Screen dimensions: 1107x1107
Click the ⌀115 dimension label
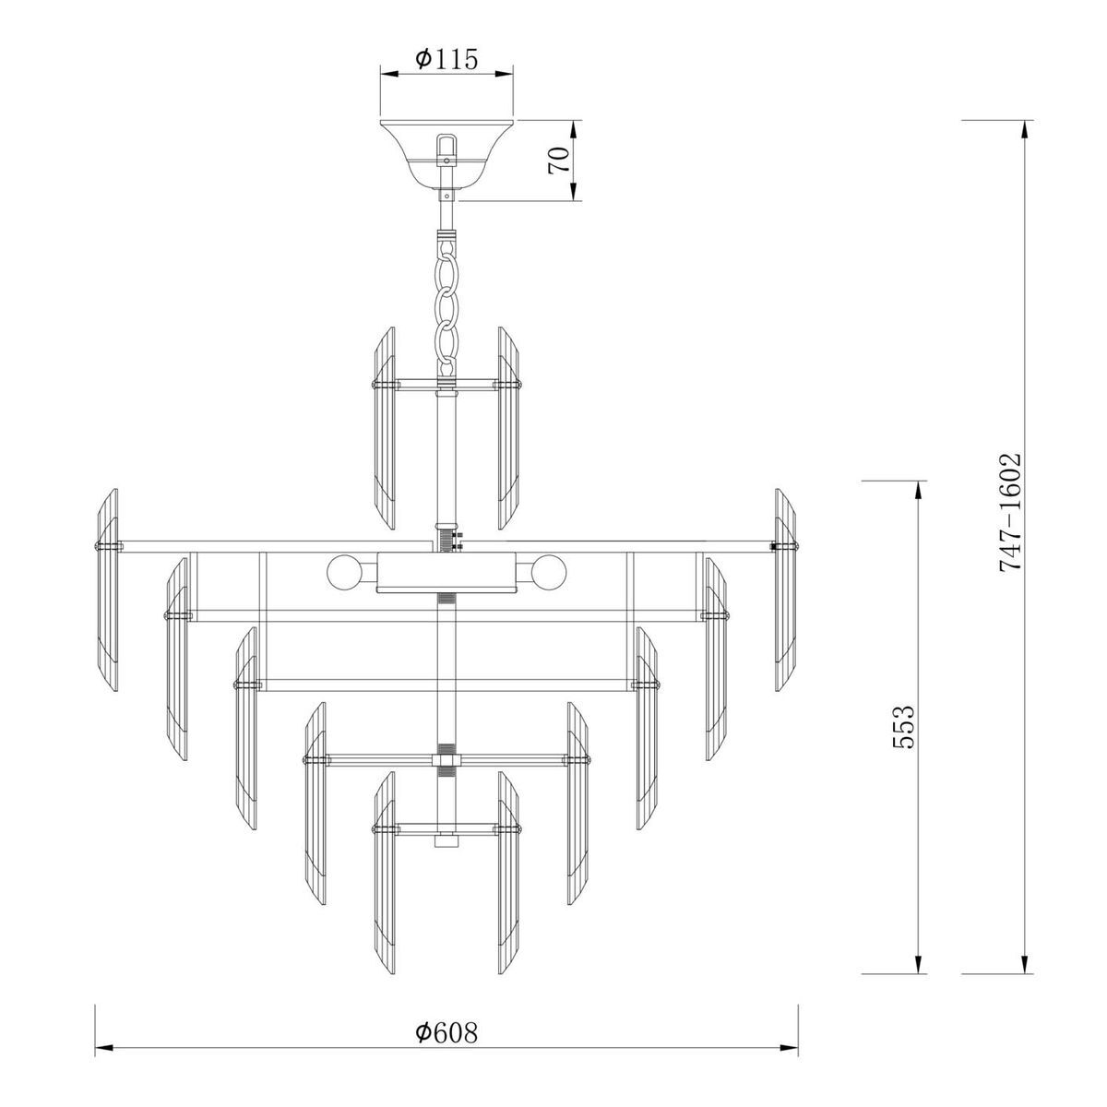446,60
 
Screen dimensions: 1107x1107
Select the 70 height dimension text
556,161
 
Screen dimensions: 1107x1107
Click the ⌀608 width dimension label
446,1057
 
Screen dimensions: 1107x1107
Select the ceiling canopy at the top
446,148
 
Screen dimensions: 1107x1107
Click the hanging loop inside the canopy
446,148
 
